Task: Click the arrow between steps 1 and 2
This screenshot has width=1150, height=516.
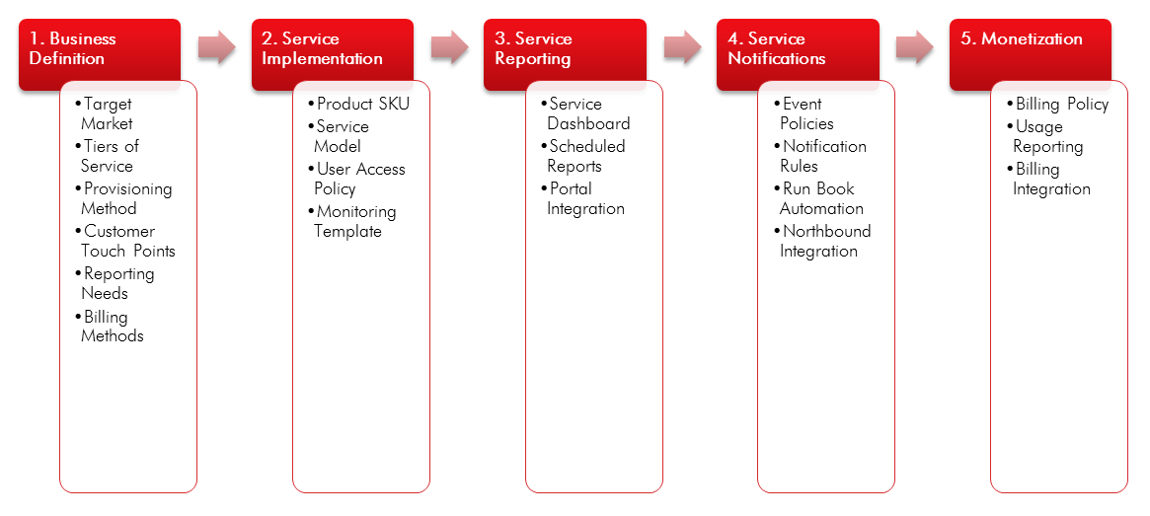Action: [216, 46]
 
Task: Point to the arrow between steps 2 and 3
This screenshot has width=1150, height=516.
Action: [449, 46]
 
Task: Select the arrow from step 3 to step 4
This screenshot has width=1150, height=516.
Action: [682, 46]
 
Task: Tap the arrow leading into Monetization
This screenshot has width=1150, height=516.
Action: [915, 46]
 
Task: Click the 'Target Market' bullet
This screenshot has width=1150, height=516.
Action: [107, 113]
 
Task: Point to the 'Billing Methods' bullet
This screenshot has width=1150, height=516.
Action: [112, 327]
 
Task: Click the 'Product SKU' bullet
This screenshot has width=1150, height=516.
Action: [362, 104]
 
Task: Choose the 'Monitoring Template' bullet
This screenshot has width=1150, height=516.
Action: [354, 221]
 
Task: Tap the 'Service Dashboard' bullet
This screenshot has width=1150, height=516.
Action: [588, 113]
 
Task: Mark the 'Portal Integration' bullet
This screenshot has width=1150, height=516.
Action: [585, 198]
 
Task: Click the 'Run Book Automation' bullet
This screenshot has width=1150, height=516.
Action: [820, 198]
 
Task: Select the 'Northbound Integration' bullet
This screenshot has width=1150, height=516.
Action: [824, 241]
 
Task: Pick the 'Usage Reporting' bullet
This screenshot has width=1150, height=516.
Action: [1047, 136]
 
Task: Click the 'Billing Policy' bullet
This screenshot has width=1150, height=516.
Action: [1062, 104]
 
